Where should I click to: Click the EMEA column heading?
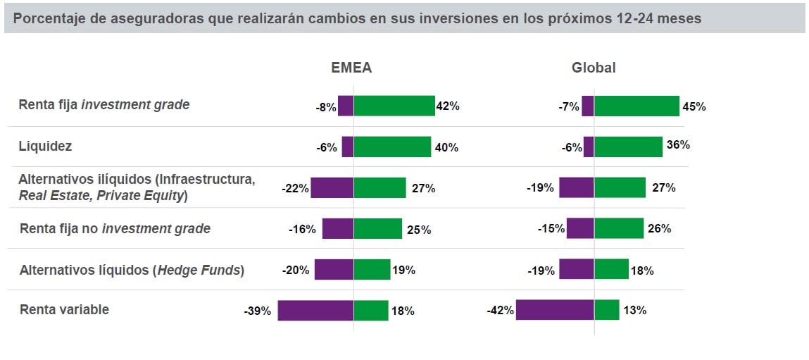351,68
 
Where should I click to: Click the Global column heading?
594,68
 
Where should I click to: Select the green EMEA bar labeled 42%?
394,106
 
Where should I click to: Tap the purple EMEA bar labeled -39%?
315,310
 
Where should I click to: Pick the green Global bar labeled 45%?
636,106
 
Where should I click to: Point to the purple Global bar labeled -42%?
555,310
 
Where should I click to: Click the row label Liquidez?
45,147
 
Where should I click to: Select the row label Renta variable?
64,309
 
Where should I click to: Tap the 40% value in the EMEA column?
446,147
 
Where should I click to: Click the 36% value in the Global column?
678,145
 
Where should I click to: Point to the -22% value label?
294,188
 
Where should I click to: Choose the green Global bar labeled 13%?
607,310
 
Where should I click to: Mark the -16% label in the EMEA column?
302,229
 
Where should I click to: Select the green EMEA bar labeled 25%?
377,228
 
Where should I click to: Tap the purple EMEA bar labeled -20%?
334,269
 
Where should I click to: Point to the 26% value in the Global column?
659,229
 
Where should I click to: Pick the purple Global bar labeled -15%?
580,228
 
